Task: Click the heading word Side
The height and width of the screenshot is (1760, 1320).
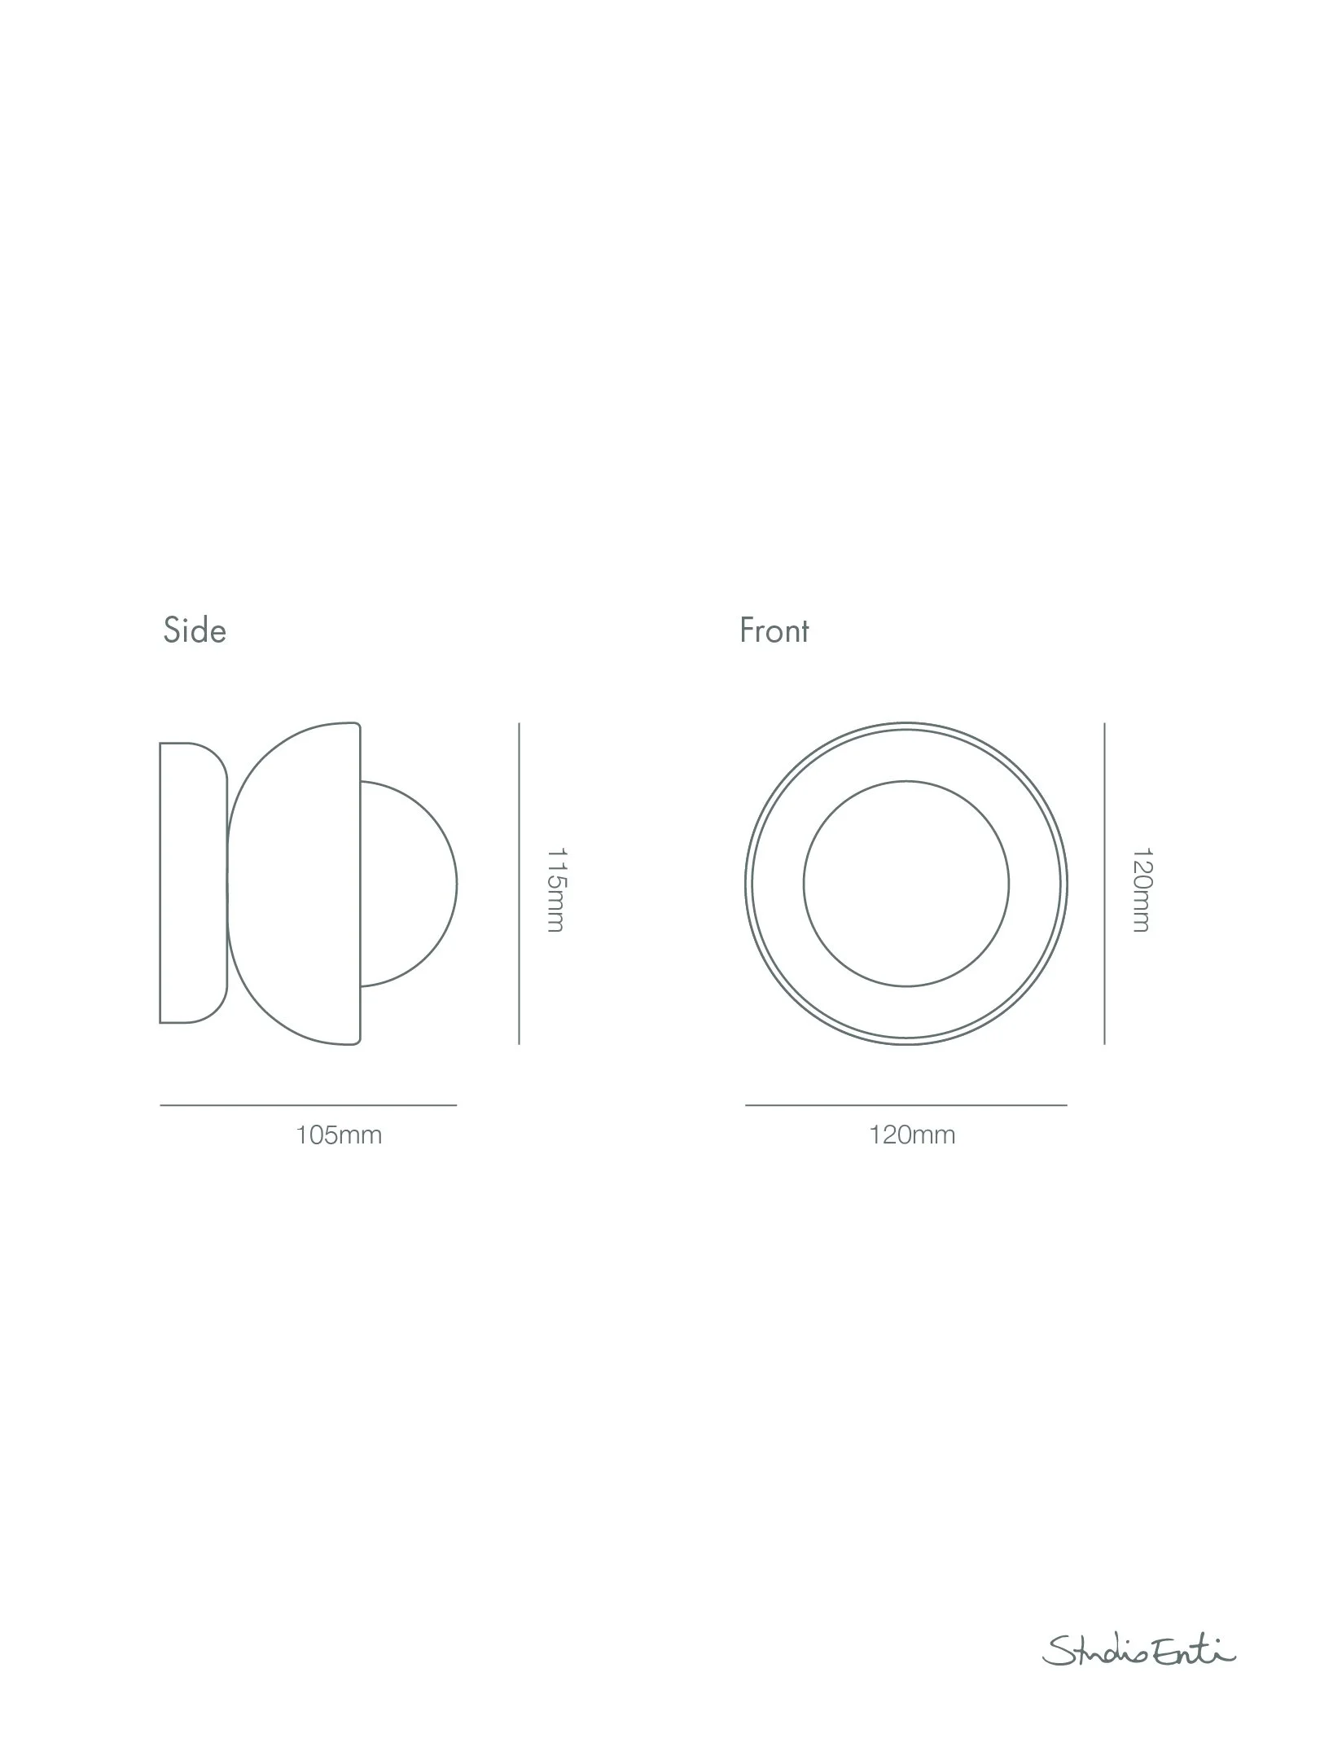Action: [195, 630]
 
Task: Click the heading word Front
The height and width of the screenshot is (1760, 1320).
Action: [774, 630]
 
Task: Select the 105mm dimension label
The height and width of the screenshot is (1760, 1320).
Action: [339, 1135]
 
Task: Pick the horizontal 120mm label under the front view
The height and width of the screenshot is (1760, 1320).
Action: [912, 1135]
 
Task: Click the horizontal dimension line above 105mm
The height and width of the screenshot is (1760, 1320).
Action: [308, 1105]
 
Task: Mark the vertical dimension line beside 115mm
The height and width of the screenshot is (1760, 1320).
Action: [519, 884]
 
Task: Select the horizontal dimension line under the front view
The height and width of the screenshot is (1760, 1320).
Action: [906, 1105]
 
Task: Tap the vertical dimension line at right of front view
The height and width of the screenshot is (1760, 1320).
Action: [1104, 884]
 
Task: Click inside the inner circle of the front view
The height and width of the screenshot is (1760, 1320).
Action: [906, 884]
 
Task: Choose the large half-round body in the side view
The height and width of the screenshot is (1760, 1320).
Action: [297, 884]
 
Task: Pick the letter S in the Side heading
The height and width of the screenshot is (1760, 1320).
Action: [172, 630]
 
